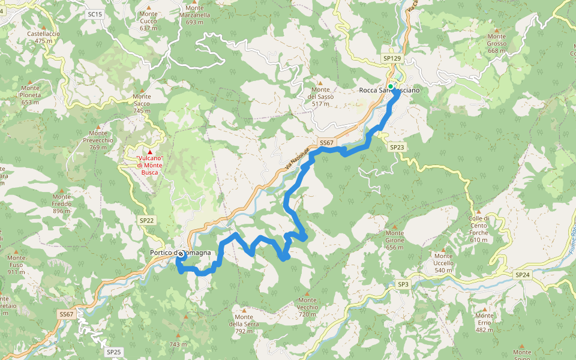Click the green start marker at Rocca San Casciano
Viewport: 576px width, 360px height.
point(391,87)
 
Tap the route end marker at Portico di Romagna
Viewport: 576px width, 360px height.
point(180,254)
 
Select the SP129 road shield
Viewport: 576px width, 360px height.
point(391,58)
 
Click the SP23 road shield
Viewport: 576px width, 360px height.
point(397,147)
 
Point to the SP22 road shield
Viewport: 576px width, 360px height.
point(147,220)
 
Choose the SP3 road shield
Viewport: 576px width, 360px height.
point(403,284)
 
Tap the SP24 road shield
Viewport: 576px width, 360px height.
point(522,274)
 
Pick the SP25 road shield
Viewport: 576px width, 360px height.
point(113,352)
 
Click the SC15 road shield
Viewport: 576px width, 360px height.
point(95,13)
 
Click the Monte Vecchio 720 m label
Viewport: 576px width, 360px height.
point(307,307)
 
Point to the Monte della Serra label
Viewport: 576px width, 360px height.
point(244,324)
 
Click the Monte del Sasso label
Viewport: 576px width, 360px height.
point(320,96)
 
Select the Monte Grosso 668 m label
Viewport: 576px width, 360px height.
point(497,47)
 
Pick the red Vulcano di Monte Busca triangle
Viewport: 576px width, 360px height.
point(150,152)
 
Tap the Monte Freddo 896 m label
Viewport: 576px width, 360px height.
point(62,203)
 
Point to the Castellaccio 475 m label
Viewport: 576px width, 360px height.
point(43,37)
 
